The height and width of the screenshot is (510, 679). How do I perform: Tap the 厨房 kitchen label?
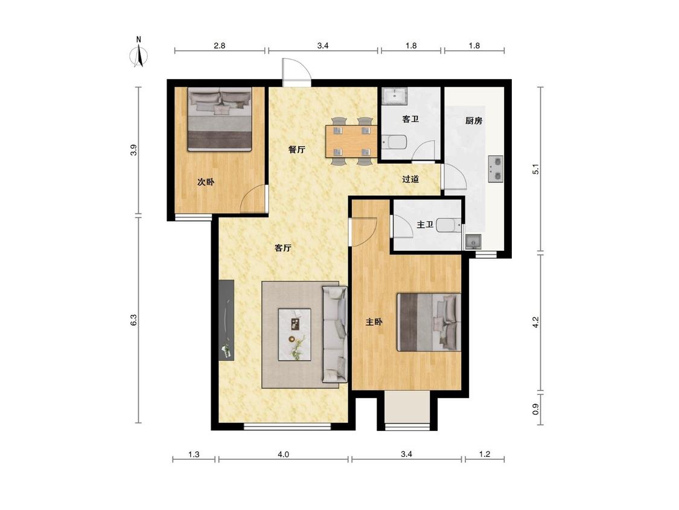tap(474, 121)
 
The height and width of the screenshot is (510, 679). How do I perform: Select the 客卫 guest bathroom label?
tap(410, 119)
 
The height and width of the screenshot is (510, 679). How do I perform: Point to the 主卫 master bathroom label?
tap(425, 225)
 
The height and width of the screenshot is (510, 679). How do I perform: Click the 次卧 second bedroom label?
tap(206, 182)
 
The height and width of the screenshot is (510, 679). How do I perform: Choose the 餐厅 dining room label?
tap(296, 150)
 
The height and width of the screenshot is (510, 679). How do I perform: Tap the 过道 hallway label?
tap(410, 179)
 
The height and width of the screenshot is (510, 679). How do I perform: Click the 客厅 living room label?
tap(283, 248)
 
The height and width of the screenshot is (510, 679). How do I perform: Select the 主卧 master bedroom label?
tap(374, 322)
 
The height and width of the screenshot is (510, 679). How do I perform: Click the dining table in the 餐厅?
tap(351, 141)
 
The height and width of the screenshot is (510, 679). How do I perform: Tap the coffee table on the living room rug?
tap(295, 334)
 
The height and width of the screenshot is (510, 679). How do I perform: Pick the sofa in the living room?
tap(334, 334)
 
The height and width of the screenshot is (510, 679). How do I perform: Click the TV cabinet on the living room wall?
tap(226, 320)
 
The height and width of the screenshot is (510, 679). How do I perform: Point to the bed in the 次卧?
tap(220, 119)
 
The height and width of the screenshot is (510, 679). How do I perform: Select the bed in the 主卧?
tap(429, 322)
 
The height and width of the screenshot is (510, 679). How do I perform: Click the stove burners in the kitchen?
tap(496, 169)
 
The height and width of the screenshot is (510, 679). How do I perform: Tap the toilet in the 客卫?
tap(394, 142)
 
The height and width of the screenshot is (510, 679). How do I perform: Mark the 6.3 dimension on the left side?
tap(134, 320)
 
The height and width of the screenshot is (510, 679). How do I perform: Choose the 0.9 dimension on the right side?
tap(536, 409)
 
